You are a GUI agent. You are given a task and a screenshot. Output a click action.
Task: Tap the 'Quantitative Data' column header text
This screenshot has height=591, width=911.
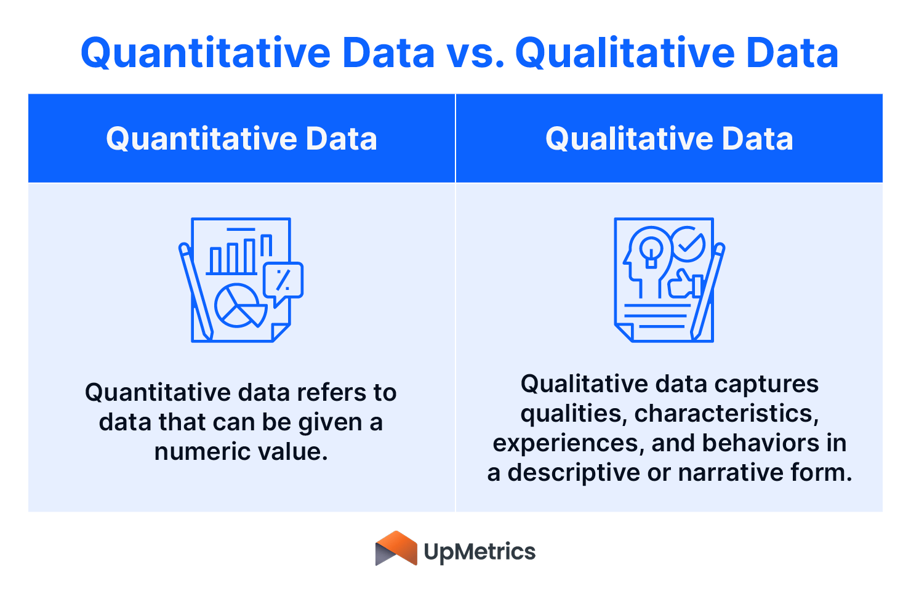pyautogui.click(x=241, y=139)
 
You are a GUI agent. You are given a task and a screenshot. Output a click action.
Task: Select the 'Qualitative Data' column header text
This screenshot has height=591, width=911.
pyautogui.click(x=669, y=139)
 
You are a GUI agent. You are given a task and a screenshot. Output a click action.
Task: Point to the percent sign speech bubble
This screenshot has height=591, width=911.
pyautogui.click(x=283, y=281)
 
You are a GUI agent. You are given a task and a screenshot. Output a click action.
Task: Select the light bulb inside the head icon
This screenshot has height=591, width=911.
pyautogui.click(x=651, y=249)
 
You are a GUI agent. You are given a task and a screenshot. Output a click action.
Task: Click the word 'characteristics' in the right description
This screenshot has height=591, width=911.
pyautogui.click(x=726, y=414)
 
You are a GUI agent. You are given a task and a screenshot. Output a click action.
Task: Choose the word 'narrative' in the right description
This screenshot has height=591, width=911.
pyautogui.click(x=731, y=473)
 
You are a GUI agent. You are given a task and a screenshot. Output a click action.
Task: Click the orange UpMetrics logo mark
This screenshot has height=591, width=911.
pyautogui.click(x=396, y=549)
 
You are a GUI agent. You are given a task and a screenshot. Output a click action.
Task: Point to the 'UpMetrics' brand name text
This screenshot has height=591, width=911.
pyautogui.click(x=480, y=552)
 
